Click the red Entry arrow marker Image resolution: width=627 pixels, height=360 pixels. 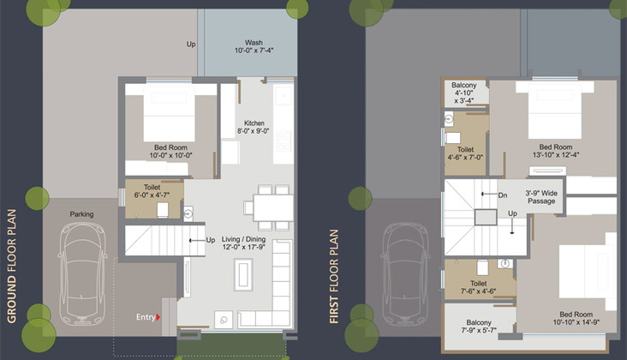tap(158, 317)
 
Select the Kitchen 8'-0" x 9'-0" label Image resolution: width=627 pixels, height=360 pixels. tap(254, 127)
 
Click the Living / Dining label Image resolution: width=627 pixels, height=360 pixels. tap(244, 239)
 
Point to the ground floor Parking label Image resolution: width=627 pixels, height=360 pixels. tap(81, 214)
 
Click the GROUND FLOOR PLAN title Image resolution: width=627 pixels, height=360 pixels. tap(12, 266)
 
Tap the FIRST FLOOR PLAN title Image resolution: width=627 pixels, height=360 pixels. tap(334, 276)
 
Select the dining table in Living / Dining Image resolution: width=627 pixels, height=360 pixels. tap(273, 207)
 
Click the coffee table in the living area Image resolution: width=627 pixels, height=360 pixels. tap(243, 274)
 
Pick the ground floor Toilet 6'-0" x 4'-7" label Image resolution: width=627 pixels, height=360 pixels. tap(152, 191)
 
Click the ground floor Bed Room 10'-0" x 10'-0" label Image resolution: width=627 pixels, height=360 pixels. tap(170, 151)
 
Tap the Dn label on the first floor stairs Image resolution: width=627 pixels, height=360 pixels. tap(503, 195)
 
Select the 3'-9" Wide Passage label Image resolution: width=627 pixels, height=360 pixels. tap(541, 197)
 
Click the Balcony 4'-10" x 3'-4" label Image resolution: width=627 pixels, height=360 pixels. tap(464, 93)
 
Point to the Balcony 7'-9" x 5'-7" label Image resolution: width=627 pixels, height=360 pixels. tap(479, 327)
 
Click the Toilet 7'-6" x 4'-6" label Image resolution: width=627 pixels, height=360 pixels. tap(479, 287)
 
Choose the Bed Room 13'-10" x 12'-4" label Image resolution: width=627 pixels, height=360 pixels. tap(556, 151)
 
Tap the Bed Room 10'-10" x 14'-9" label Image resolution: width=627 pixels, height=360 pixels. tap(576, 318)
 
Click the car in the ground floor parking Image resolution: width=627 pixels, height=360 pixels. tap(83, 274)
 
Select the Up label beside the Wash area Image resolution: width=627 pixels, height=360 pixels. tap(191, 44)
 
